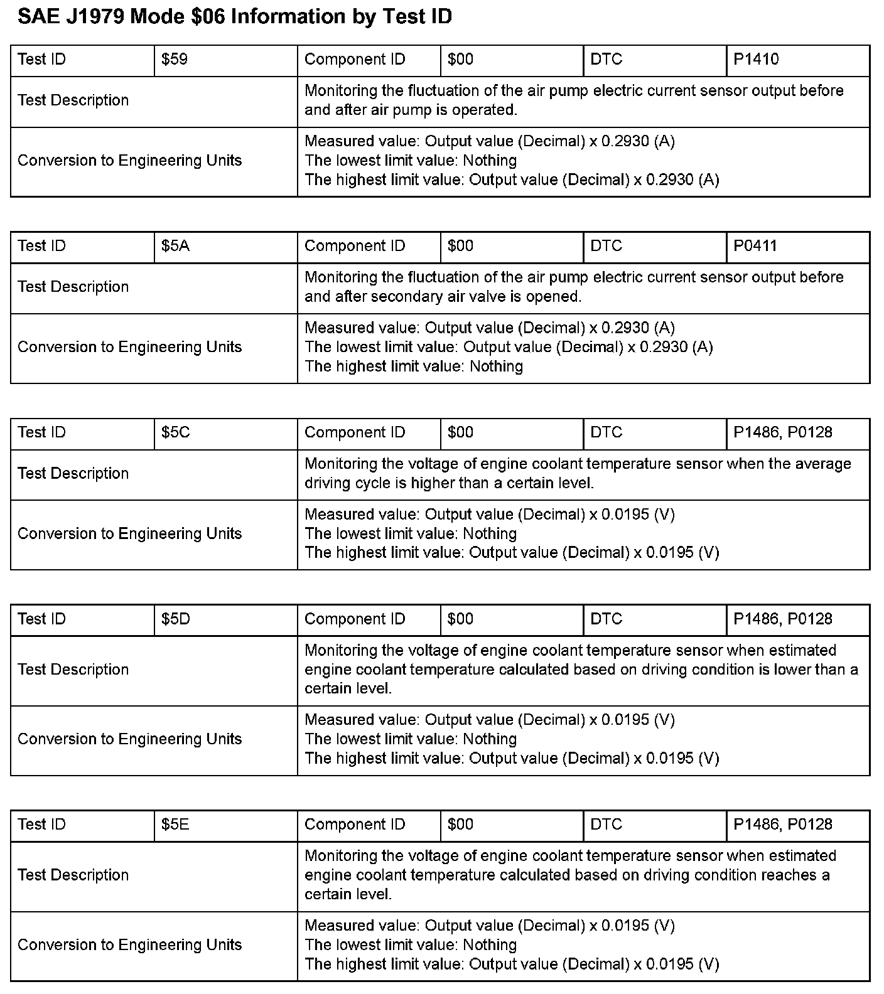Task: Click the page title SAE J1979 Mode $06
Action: pos(234,17)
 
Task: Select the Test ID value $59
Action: pos(174,60)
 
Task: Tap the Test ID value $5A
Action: pos(175,246)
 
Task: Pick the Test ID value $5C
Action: pos(175,432)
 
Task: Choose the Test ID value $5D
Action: pos(175,619)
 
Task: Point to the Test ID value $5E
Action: pos(175,825)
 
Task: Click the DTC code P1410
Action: pos(756,60)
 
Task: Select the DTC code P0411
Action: pos(755,246)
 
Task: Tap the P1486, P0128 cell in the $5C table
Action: pos(782,432)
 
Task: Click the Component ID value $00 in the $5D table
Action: pos(460,619)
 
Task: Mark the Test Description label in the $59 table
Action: pos(73,100)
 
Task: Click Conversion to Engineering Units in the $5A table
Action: pos(129,347)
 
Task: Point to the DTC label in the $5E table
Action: pos(606,825)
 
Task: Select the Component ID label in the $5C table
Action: pos(355,432)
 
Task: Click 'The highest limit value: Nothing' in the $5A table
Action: pos(414,366)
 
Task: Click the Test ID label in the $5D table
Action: pos(41,619)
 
